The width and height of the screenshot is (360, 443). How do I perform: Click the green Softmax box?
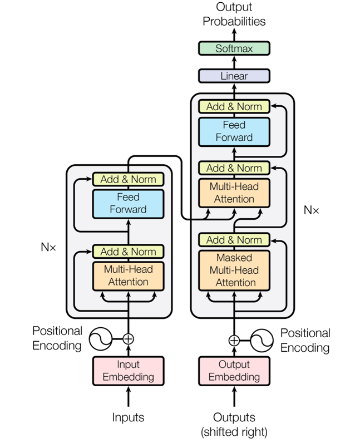234,48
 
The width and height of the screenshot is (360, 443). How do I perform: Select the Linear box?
234,76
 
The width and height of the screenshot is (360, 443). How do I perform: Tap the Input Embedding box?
129,371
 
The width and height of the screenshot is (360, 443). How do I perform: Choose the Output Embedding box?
234,371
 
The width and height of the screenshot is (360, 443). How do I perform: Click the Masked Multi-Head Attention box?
234,270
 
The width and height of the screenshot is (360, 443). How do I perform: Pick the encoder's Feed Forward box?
129,204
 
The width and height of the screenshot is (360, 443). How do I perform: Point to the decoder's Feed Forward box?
234,131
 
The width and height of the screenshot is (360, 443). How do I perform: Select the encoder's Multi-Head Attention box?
129,275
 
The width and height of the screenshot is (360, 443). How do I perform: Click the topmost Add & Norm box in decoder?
234,106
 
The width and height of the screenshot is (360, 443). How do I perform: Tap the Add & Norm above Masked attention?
234,240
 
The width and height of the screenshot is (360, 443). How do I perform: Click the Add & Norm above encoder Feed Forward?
129,179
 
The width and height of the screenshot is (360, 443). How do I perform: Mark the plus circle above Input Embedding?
129,338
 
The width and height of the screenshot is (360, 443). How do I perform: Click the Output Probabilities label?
234,15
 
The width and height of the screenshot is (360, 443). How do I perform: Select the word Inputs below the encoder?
129,417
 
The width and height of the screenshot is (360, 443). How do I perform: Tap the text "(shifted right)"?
234,431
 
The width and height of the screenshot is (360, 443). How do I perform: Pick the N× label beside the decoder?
312,210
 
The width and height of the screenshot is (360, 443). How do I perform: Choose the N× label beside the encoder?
48,247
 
